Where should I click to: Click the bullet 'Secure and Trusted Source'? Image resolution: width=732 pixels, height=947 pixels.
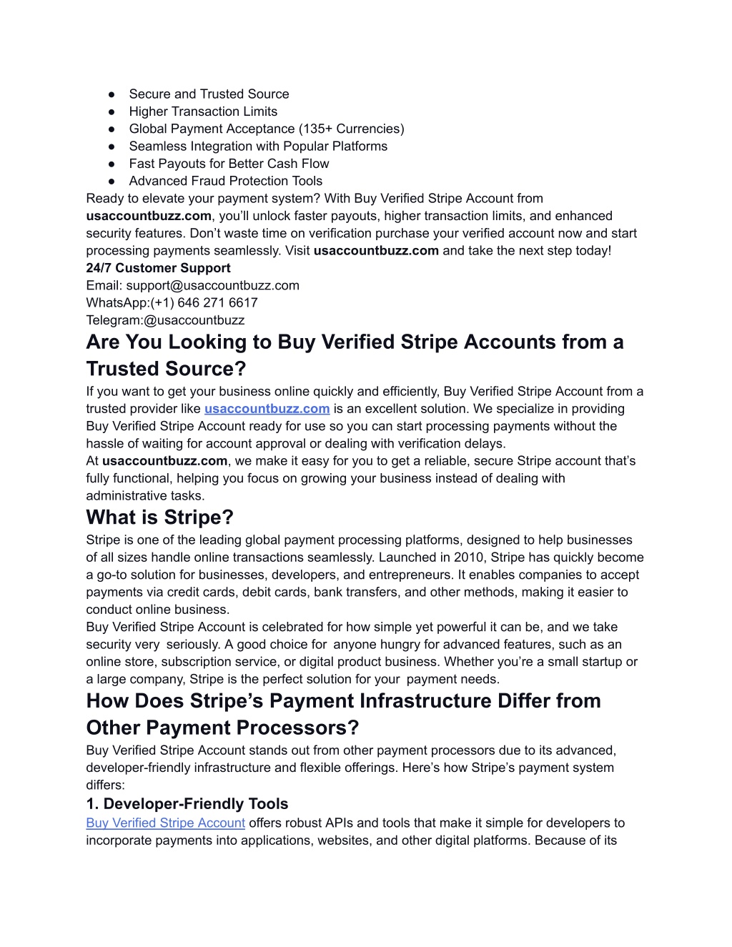[209, 94]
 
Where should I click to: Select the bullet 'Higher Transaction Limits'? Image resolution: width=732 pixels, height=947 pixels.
[203, 111]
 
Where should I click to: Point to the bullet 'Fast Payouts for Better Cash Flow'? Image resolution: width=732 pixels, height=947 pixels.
[229, 164]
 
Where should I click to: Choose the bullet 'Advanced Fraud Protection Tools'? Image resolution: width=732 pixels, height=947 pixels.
[225, 181]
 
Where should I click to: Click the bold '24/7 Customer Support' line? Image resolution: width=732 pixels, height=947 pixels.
[158, 268]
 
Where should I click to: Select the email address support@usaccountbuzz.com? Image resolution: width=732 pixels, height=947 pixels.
[213, 285]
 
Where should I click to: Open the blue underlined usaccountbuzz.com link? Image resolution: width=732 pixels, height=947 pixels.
[267, 409]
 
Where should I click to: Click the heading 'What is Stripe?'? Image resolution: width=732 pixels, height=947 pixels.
[159, 517]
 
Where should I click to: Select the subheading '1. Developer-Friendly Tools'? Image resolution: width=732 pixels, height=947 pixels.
[187, 804]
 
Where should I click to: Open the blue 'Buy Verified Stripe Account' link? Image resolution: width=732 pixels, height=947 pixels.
[165, 823]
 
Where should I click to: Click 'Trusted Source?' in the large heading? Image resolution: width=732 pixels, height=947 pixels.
[166, 369]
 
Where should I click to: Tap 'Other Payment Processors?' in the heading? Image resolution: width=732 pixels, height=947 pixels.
[222, 728]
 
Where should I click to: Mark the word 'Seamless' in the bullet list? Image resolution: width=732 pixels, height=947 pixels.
[154, 147]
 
